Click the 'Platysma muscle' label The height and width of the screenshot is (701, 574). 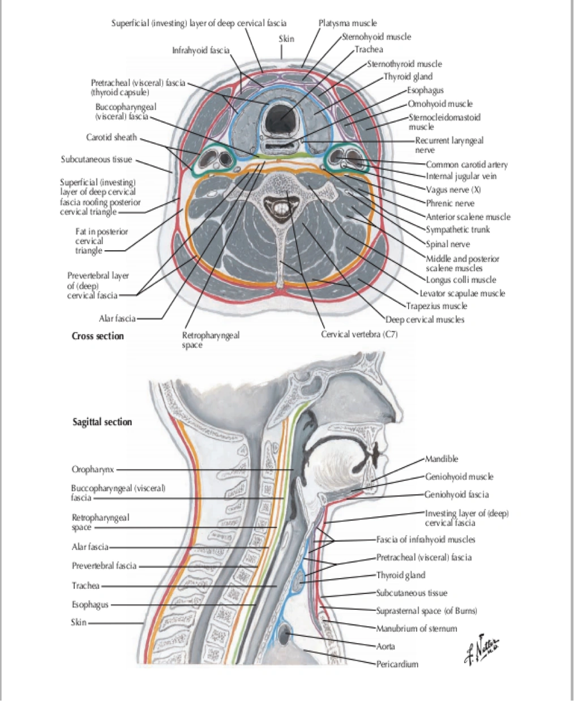tap(348, 23)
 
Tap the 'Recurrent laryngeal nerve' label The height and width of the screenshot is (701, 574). tap(449, 144)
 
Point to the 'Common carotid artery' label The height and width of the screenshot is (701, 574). tap(466, 165)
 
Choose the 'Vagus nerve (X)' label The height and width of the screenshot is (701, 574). tap(453, 190)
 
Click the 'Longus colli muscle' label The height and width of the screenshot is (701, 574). tap(461, 280)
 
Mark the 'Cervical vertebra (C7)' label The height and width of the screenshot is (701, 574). tap(359, 334)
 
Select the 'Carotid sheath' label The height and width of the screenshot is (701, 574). tap(112, 138)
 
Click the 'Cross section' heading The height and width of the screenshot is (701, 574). tap(97, 336)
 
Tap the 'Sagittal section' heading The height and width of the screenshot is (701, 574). tap(102, 422)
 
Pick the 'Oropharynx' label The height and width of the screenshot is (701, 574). tap(92, 469)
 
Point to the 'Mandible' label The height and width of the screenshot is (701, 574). tap(441, 459)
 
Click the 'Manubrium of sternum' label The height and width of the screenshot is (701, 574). tap(416, 629)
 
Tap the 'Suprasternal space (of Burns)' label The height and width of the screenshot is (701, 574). tap(426, 611)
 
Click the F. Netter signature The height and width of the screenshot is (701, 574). tap(482, 648)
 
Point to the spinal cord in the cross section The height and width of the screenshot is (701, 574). tap(281, 209)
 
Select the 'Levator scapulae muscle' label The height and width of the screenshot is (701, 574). tap(462, 293)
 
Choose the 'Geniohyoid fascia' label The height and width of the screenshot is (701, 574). tap(456, 494)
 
